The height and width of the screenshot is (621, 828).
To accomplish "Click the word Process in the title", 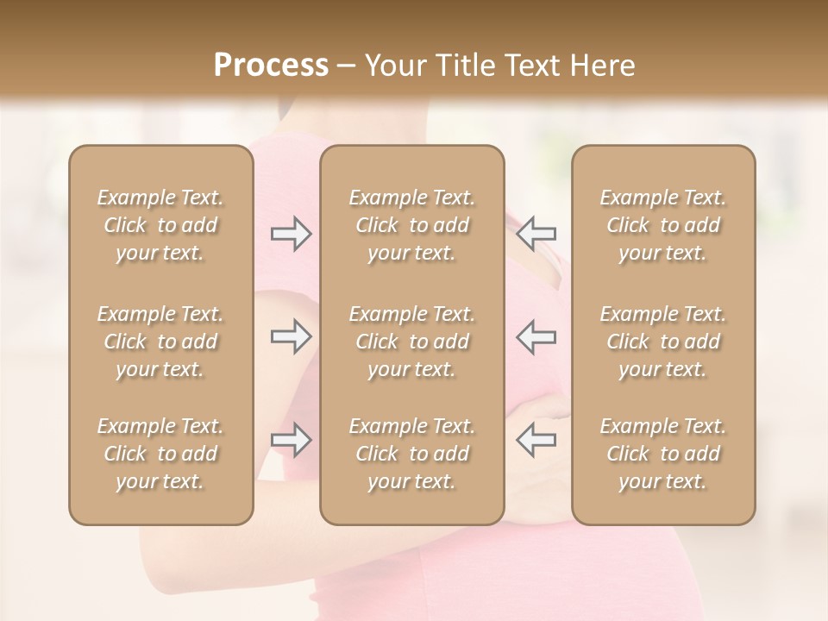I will (x=271, y=66).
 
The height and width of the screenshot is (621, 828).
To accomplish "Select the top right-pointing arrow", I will (x=291, y=234).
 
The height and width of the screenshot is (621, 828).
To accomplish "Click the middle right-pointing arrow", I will (x=291, y=336).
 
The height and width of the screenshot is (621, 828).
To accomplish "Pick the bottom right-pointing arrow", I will (x=291, y=440).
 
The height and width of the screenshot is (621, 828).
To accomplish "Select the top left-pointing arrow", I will (x=536, y=234).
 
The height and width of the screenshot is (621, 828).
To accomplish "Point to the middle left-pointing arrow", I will (x=536, y=336).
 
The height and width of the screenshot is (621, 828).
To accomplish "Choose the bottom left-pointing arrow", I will (x=536, y=440).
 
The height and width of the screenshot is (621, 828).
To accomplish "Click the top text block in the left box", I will (x=160, y=225).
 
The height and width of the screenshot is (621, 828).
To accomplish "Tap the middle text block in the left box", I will (x=160, y=342).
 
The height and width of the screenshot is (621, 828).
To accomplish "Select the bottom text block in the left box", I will (x=160, y=454).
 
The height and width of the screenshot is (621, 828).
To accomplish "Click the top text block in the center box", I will (x=412, y=225).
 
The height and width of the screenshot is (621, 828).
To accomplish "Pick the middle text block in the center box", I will (x=412, y=342).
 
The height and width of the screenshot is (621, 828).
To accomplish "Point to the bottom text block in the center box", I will (x=412, y=454).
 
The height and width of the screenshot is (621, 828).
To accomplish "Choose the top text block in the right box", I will (x=663, y=225).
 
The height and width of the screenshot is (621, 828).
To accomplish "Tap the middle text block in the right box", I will (x=663, y=342).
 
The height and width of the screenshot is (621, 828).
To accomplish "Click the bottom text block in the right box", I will (x=663, y=454).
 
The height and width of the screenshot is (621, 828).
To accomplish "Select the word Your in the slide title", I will (x=393, y=66).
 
